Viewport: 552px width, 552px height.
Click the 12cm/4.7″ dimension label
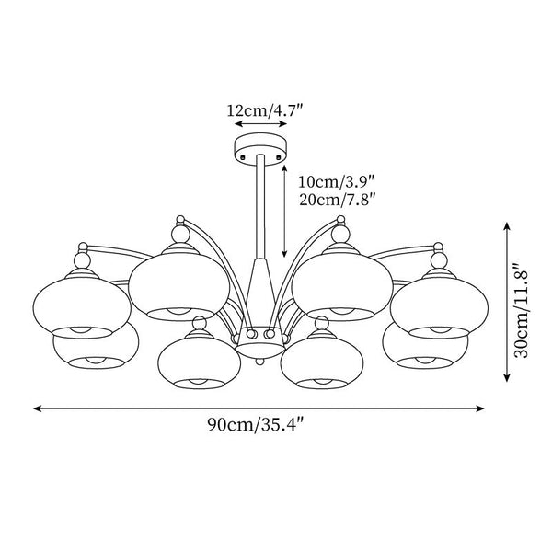click(265, 109)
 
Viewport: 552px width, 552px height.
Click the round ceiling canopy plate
click(263, 147)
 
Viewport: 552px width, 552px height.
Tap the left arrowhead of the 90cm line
click(39, 405)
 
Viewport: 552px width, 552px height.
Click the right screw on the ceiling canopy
click(282, 157)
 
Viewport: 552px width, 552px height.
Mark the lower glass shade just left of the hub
click(195, 360)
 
